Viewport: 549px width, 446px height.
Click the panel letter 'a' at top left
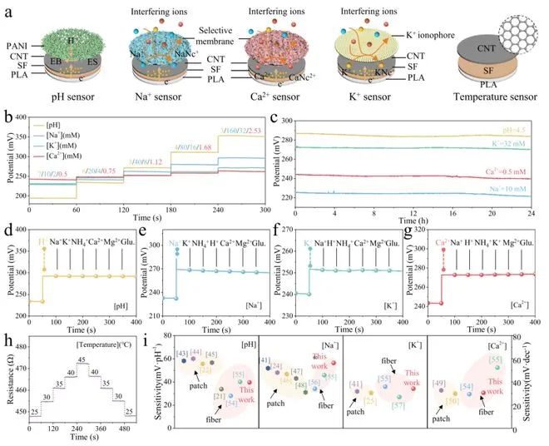[6, 7]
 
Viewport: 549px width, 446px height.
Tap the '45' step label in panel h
[82, 336]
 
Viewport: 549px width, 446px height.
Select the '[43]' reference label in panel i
[183, 333]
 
